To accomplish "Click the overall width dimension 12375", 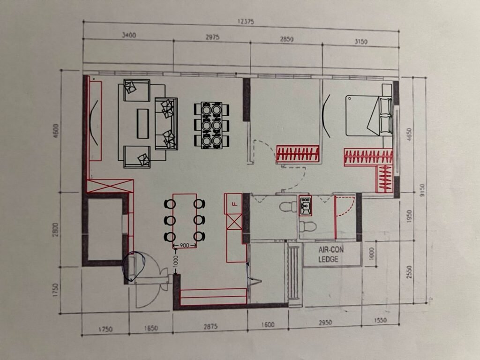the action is tap(246, 22).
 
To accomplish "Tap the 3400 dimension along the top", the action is tap(129, 35).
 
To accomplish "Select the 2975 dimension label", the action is tap(212, 37).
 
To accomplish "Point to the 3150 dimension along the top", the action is tap(360, 41).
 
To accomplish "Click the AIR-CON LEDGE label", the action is tap(330, 255).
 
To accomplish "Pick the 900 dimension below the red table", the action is tap(184, 246).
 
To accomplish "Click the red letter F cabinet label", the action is tap(235, 204).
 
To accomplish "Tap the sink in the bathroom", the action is tap(305, 206).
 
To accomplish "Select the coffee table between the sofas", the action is tap(142, 123).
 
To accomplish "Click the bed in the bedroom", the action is tap(369, 115).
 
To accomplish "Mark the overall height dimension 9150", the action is tap(422, 190).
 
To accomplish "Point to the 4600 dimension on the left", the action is tap(56, 130).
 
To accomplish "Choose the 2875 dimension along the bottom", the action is tap(210, 326).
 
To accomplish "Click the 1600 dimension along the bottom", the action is tap(268, 324).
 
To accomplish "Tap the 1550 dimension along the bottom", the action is tap(380, 320).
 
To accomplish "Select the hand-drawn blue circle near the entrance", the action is tap(134, 266).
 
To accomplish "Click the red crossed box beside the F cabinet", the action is tap(234, 222).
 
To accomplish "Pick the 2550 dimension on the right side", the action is tap(410, 272).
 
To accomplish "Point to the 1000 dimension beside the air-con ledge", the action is tap(372, 254).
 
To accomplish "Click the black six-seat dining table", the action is tap(211, 126).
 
